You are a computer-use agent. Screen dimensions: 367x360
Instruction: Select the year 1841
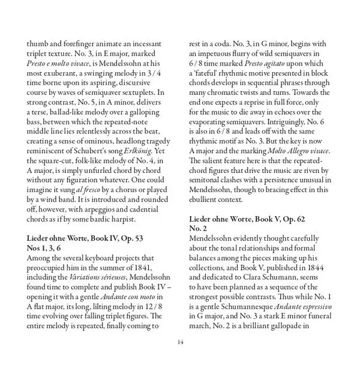tap(146, 267)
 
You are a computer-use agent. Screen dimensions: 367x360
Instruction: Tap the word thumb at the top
tap(38, 44)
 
